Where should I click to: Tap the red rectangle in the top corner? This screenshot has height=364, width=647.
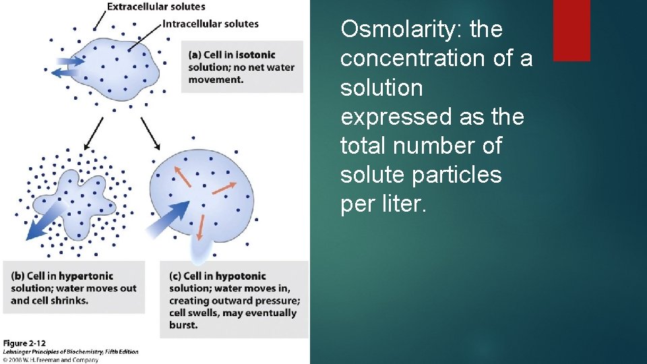tap(571, 30)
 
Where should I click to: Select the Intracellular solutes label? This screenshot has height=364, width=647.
tap(210, 24)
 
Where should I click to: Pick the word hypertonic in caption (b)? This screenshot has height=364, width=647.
tap(86, 276)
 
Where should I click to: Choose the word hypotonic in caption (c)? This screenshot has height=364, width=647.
tap(243, 276)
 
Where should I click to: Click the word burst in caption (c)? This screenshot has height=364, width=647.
tap(183, 325)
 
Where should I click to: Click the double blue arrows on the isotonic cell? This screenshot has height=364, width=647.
tap(64, 65)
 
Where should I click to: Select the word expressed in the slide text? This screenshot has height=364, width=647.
tap(385, 117)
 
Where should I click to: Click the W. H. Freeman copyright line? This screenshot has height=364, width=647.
tap(51, 360)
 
